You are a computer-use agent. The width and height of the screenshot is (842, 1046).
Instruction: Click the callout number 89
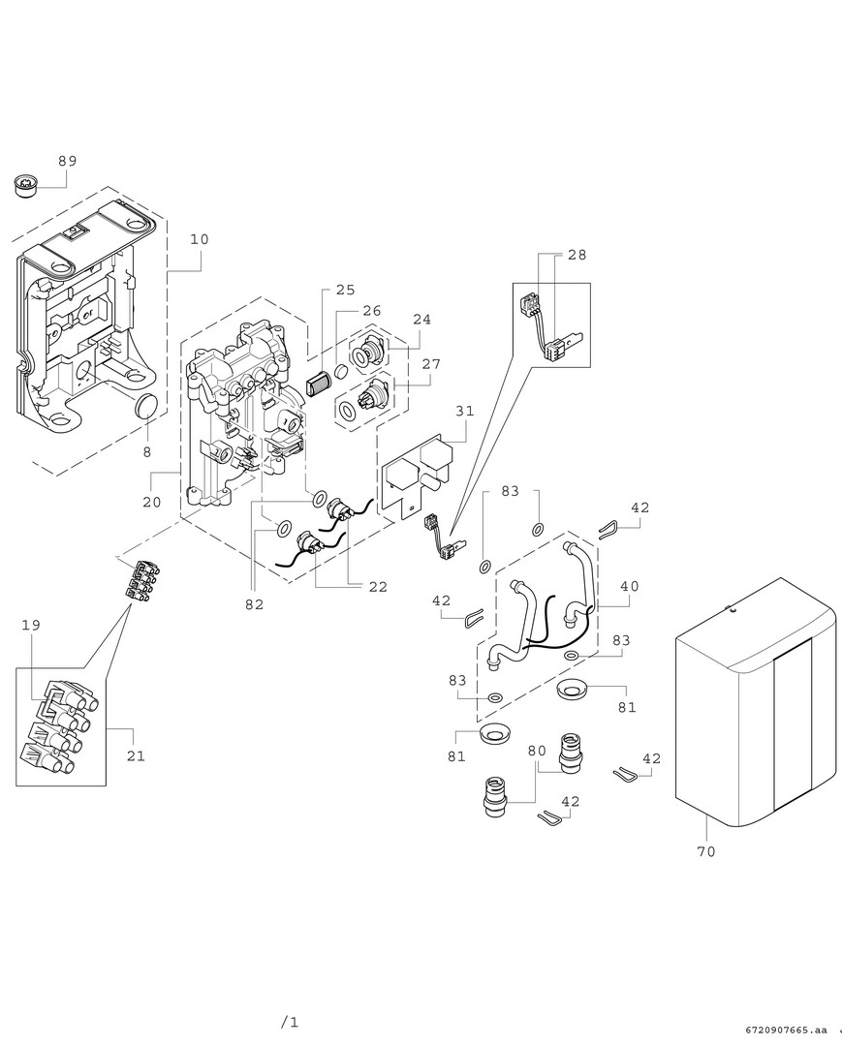coord(67,161)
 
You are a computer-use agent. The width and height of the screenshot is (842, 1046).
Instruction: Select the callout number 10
coord(199,238)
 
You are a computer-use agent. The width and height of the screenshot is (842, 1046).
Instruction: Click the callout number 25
coord(346,290)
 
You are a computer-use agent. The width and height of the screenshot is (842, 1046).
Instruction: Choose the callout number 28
coord(577,255)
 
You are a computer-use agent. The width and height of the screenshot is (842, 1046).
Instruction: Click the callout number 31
coord(465,411)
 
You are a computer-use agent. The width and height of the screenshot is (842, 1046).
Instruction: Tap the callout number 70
coord(706,851)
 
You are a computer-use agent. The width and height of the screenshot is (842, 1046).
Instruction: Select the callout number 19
coord(31,626)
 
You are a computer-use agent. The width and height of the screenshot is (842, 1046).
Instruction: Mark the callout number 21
coord(136,755)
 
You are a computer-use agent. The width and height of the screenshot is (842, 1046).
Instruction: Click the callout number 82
coord(255,604)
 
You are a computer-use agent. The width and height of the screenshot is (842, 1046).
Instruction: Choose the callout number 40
coord(630,586)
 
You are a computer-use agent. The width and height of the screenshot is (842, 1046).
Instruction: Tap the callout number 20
coord(151,502)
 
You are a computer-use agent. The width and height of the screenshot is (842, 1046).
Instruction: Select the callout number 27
coord(431,364)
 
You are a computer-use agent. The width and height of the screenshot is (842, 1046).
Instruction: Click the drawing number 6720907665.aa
coord(788,1030)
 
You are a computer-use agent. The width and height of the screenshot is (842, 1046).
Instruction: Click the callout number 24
coord(421,319)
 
